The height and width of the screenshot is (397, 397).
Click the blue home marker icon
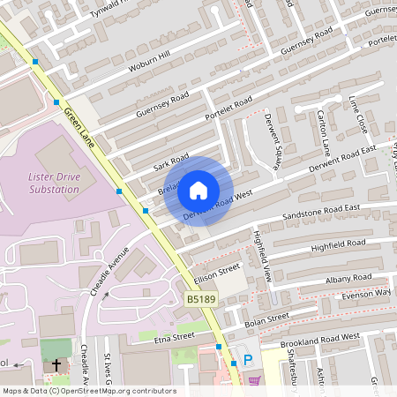point(198,191)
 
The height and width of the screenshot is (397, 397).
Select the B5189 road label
point(201,301)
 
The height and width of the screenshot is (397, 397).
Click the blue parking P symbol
point(248,360)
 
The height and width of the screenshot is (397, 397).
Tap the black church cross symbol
point(56,364)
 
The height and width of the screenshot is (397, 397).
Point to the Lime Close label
point(356,115)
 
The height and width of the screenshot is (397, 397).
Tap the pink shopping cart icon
point(256,381)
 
